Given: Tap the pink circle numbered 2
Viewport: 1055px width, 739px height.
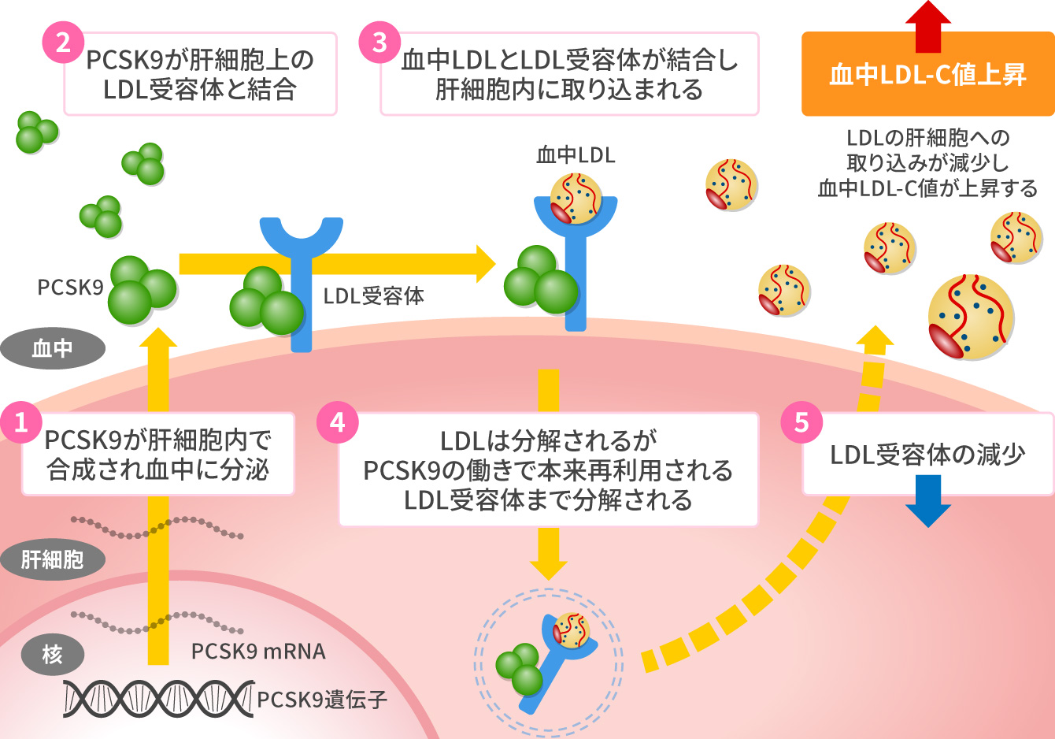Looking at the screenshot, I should click(x=63, y=42).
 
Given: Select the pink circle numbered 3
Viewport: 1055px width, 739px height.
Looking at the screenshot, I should click(x=380, y=42).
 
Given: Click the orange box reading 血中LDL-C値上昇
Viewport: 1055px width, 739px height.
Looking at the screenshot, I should click(x=927, y=75).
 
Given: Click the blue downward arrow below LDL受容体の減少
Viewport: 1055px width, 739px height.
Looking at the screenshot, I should click(x=928, y=512).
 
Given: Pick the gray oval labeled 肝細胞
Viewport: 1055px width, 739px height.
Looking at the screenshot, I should click(x=53, y=560).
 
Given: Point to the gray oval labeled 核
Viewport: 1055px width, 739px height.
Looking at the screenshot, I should click(x=53, y=654).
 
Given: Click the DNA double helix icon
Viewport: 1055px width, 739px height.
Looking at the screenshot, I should click(x=157, y=698).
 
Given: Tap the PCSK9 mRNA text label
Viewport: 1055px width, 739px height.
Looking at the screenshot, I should click(x=258, y=652).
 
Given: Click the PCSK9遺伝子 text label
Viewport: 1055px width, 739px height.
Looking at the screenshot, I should click(x=322, y=700).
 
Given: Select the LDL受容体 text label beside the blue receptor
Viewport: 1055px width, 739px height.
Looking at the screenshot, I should click(x=374, y=296).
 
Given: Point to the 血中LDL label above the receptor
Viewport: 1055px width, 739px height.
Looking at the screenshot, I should click(x=576, y=155).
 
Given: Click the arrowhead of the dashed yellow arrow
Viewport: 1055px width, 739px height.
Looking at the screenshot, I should click(x=875, y=337).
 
